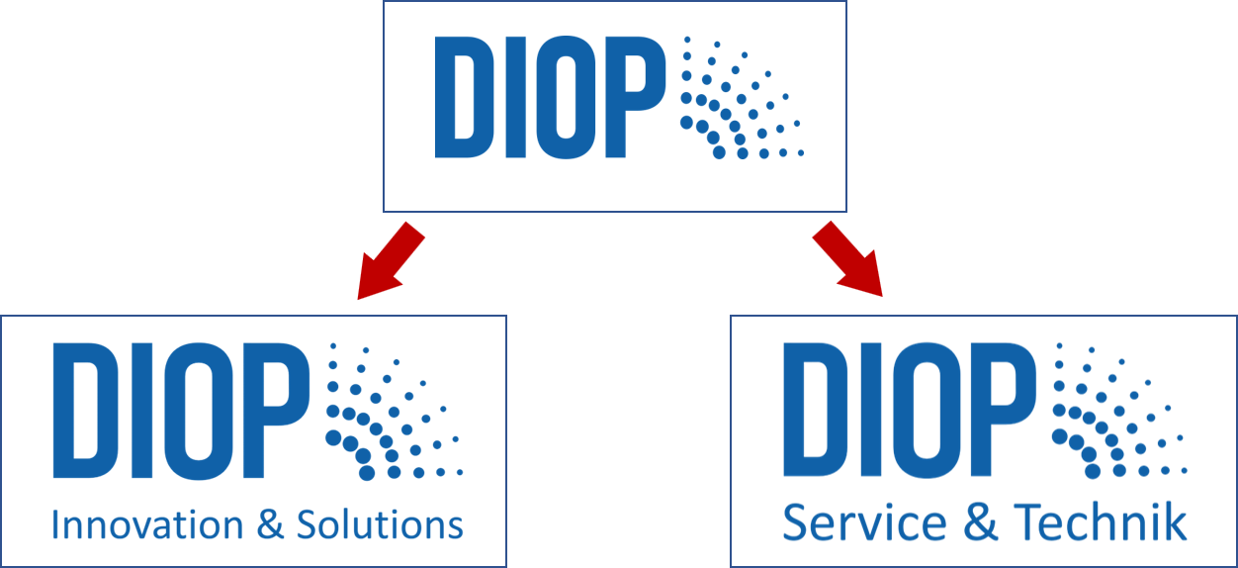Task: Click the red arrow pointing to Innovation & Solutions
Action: point(389,261)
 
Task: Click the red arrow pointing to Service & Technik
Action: point(849,259)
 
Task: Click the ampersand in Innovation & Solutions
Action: point(269,524)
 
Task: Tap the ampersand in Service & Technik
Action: point(980,521)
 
